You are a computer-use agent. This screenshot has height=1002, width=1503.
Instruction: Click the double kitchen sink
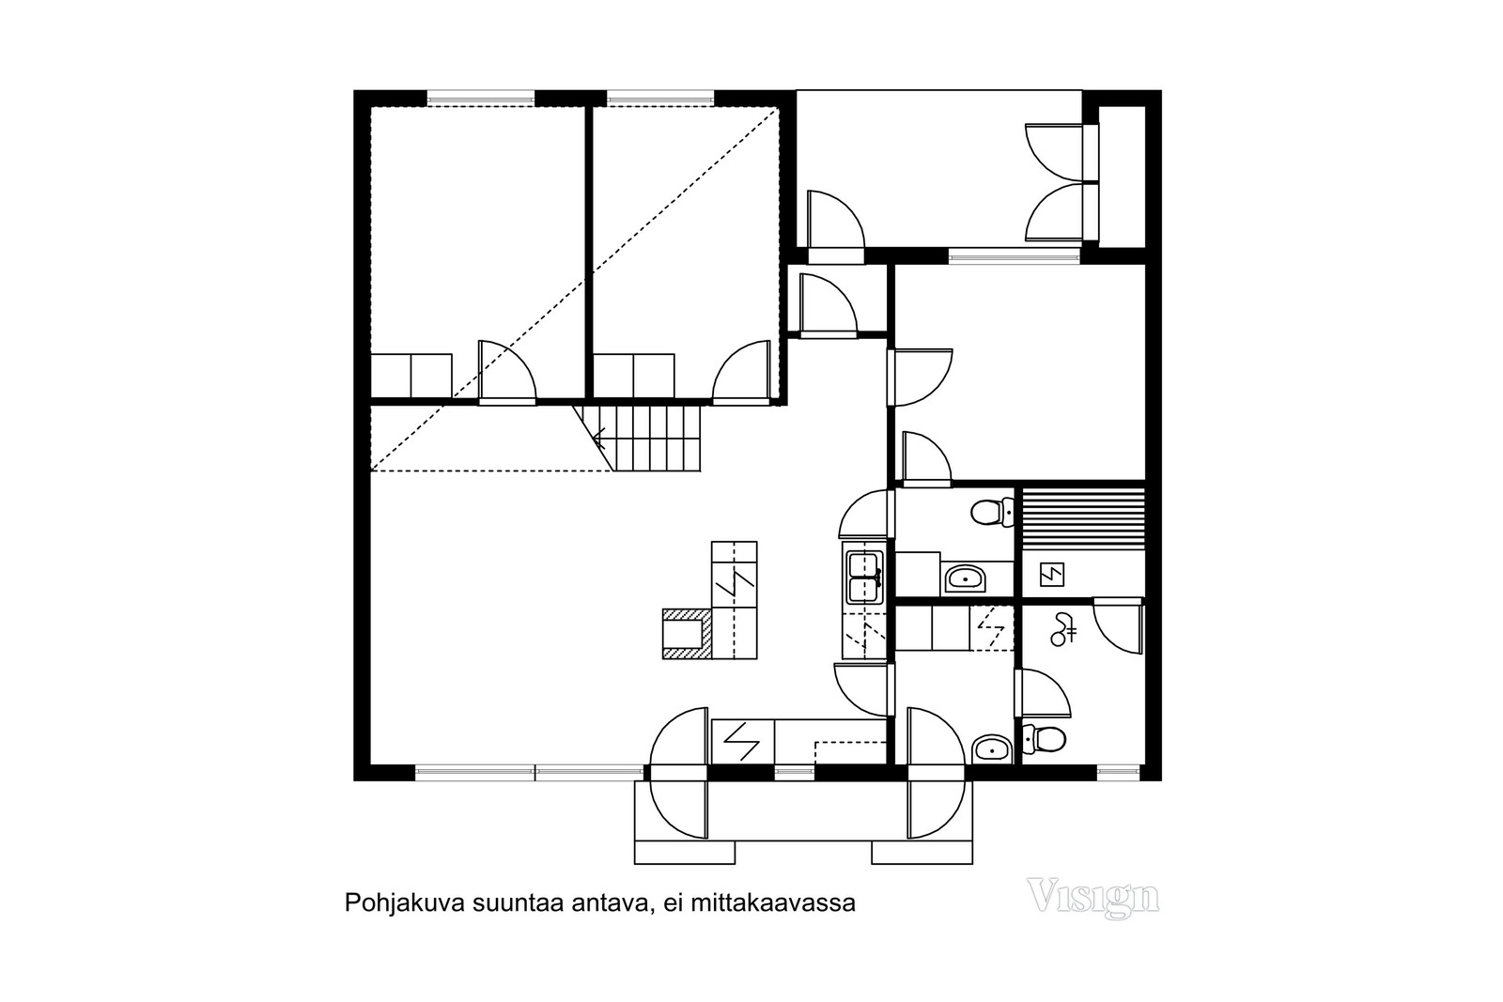click(864, 577)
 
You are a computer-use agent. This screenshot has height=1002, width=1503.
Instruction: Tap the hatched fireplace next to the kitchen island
click(686, 632)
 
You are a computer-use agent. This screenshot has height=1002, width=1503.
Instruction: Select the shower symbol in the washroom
click(1062, 628)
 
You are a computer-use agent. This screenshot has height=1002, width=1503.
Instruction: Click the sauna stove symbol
click(1050, 573)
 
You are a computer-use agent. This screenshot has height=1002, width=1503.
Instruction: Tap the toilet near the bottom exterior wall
click(1044, 739)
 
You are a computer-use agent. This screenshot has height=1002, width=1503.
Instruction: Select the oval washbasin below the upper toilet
click(964, 578)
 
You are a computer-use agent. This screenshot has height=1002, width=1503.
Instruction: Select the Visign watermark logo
click(1092, 897)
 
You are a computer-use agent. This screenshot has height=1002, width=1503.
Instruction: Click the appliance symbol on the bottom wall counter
click(742, 742)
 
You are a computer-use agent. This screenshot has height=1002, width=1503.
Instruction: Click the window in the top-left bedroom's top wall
click(480, 97)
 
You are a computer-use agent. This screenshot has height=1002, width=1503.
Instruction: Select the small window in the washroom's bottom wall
click(1116, 773)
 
